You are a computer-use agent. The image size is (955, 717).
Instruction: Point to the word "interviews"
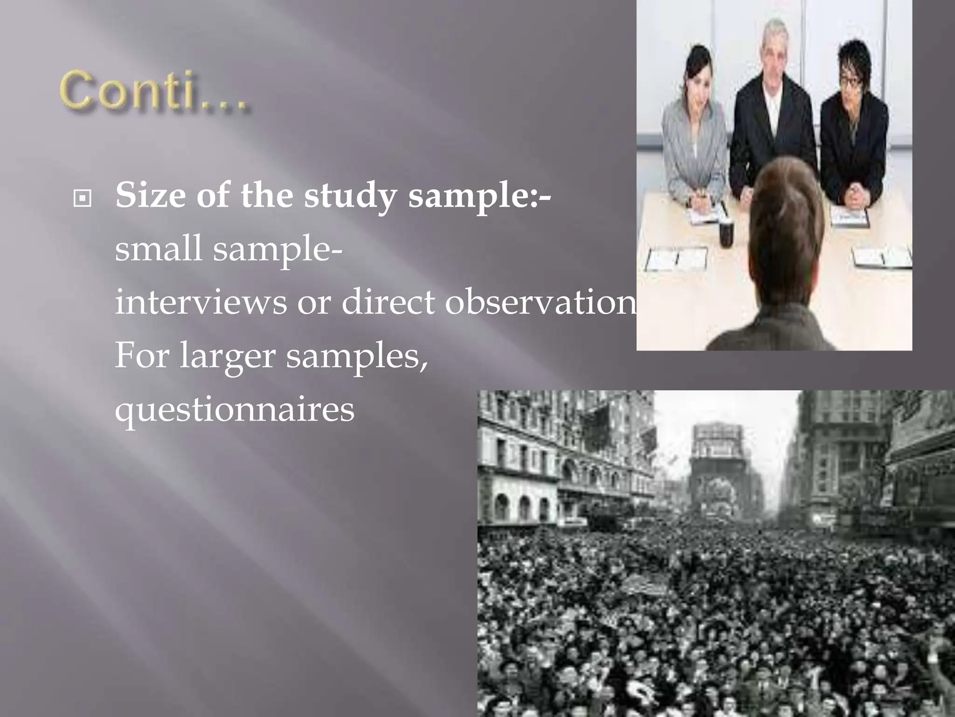[201, 302]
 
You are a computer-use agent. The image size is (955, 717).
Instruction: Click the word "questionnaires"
[235, 410]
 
